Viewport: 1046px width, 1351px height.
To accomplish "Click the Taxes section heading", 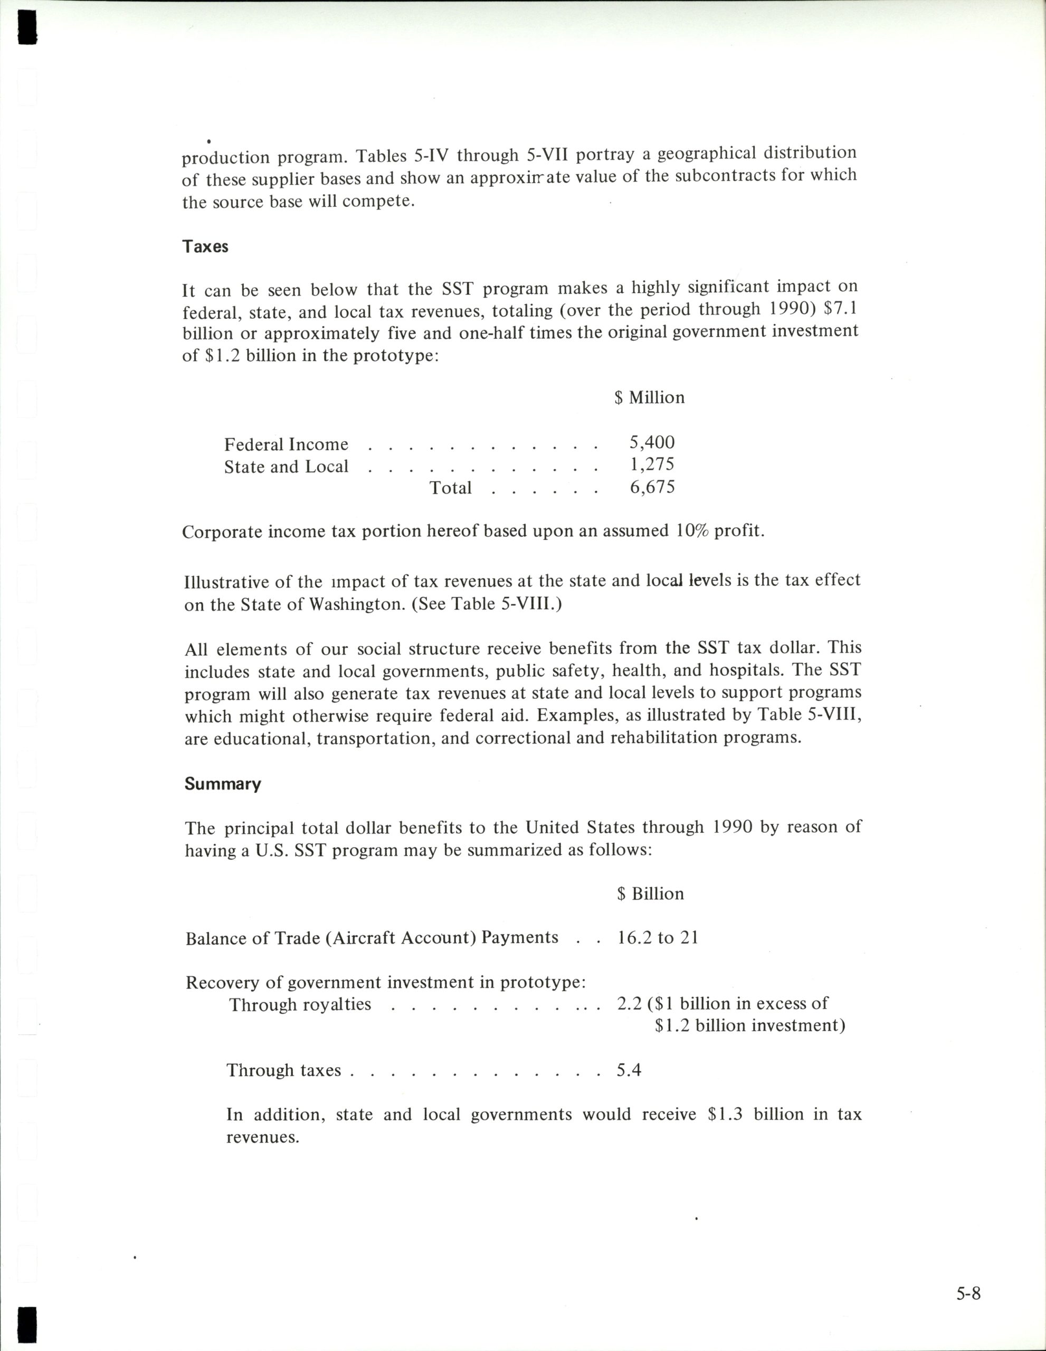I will pyautogui.click(x=205, y=247).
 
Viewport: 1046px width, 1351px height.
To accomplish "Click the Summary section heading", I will pyautogui.click(x=223, y=784).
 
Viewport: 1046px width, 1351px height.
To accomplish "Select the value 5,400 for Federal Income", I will pyautogui.click(x=652, y=442).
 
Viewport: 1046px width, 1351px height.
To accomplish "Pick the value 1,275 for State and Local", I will pyautogui.click(x=652, y=464).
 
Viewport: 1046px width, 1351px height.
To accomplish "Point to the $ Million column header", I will pyautogui.click(x=650, y=397).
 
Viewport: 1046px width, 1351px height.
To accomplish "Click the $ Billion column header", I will pyautogui.click(x=650, y=893).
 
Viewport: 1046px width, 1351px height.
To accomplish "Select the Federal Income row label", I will pyautogui.click(x=286, y=444).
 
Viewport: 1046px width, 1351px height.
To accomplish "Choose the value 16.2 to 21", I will pyautogui.click(x=658, y=938).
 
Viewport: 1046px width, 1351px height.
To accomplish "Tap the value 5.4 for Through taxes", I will pyautogui.click(x=629, y=1070).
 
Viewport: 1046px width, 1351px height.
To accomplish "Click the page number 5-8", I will pyautogui.click(x=968, y=1293).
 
